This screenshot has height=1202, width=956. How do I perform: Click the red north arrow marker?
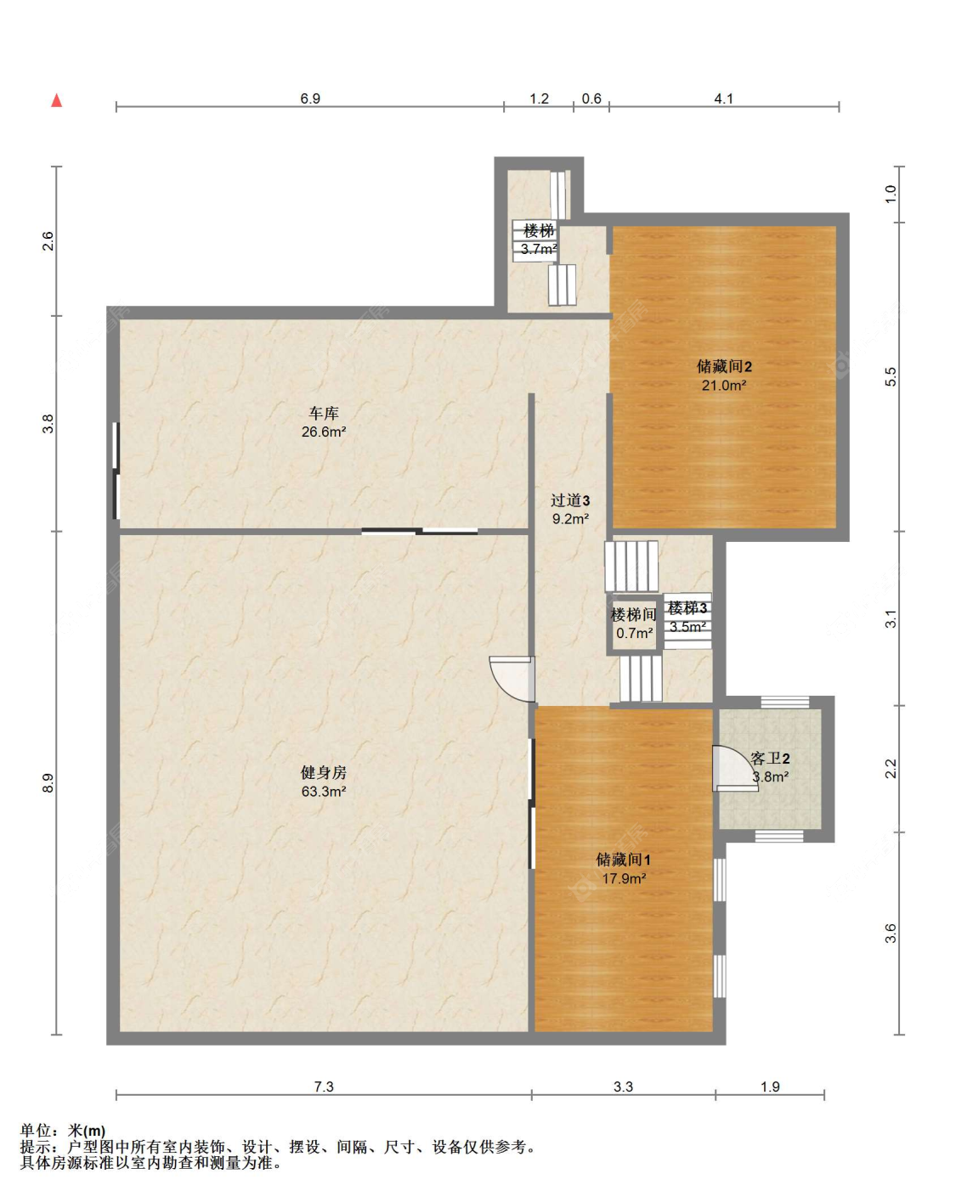pyautogui.click(x=56, y=100)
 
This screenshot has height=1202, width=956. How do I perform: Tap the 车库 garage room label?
pyautogui.click(x=324, y=414)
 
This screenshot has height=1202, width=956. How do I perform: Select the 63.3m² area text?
pyautogui.click(x=324, y=792)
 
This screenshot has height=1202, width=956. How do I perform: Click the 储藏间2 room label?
pyautogui.click(x=723, y=366)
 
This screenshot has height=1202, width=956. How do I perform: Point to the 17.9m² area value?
pyautogui.click(x=624, y=878)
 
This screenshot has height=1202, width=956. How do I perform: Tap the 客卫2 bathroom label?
pyautogui.click(x=770, y=759)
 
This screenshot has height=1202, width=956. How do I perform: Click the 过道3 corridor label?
pyautogui.click(x=570, y=500)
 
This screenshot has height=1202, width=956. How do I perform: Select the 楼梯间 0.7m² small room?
pyautogui.click(x=634, y=624)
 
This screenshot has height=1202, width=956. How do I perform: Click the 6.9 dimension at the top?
pyautogui.click(x=310, y=99)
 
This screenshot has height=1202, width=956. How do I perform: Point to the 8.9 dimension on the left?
pyautogui.click(x=48, y=783)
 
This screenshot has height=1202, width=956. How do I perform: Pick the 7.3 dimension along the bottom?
pyautogui.click(x=324, y=1086)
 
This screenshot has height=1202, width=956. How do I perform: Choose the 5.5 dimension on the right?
pyautogui.click(x=891, y=376)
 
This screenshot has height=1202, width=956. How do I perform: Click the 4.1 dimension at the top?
pyautogui.click(x=723, y=99)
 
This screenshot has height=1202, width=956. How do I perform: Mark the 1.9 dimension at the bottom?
pyautogui.click(x=770, y=1086)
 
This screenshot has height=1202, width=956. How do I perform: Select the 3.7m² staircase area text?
pyautogui.click(x=539, y=249)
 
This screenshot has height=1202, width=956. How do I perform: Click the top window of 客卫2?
pyautogui.click(x=785, y=703)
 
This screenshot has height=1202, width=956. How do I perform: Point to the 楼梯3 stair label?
pyautogui.click(x=687, y=607)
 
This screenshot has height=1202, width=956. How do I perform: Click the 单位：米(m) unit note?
pyautogui.click(x=63, y=1131)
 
